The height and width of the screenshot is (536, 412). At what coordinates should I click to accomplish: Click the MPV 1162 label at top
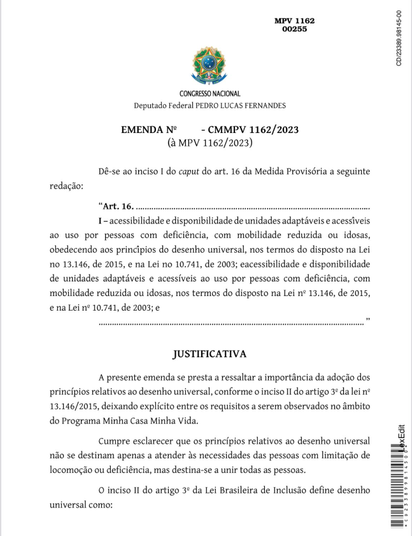pyautogui.click(x=294, y=21)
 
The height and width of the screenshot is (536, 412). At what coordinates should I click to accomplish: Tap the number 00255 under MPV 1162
pyautogui.click(x=294, y=29)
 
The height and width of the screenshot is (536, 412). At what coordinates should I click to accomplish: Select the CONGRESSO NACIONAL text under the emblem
pyautogui.click(x=205, y=94)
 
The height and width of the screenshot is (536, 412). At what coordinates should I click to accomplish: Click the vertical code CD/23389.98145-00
pyautogui.click(x=399, y=38)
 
